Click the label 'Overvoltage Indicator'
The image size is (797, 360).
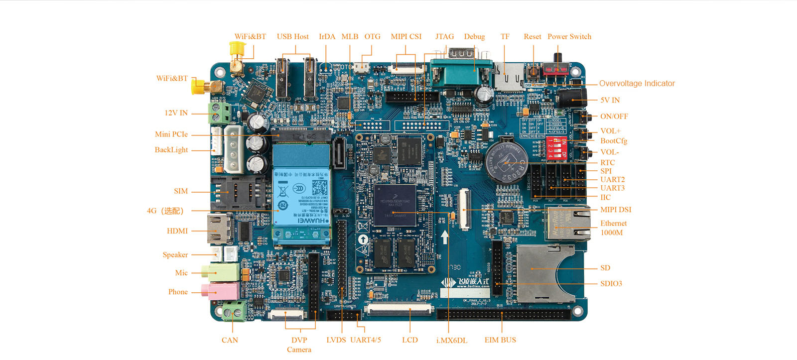pos(637,84)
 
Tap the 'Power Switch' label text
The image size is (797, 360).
pos(569,37)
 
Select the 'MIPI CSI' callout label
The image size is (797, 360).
pos(406,37)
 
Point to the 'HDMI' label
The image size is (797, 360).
pos(177,231)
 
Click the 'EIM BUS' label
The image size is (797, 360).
pos(500,340)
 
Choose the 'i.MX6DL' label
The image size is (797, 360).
pos(452,341)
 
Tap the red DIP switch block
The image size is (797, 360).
pos(557,148)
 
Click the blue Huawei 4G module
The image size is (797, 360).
pos(301,197)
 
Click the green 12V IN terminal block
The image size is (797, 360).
pos(220,114)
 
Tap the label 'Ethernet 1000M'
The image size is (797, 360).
pos(613,228)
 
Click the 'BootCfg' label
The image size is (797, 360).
pos(613,141)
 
